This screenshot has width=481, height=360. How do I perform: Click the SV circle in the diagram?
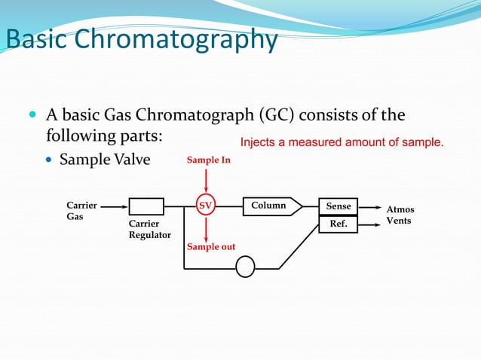[205, 205]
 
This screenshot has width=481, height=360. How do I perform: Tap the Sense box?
[339, 206]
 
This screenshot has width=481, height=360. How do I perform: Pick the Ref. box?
[339, 224]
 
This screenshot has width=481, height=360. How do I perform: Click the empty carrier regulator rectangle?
[146, 206]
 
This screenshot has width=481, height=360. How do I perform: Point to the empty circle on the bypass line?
[246, 267]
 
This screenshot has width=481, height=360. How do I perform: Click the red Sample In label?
[209, 160]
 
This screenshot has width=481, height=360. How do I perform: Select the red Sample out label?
[211, 247]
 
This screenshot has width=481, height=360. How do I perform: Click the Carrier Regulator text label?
[146, 230]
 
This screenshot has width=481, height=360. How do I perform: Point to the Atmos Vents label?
[400, 215]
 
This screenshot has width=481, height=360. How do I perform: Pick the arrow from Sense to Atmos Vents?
[369, 206]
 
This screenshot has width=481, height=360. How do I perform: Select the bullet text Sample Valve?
[105, 160]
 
